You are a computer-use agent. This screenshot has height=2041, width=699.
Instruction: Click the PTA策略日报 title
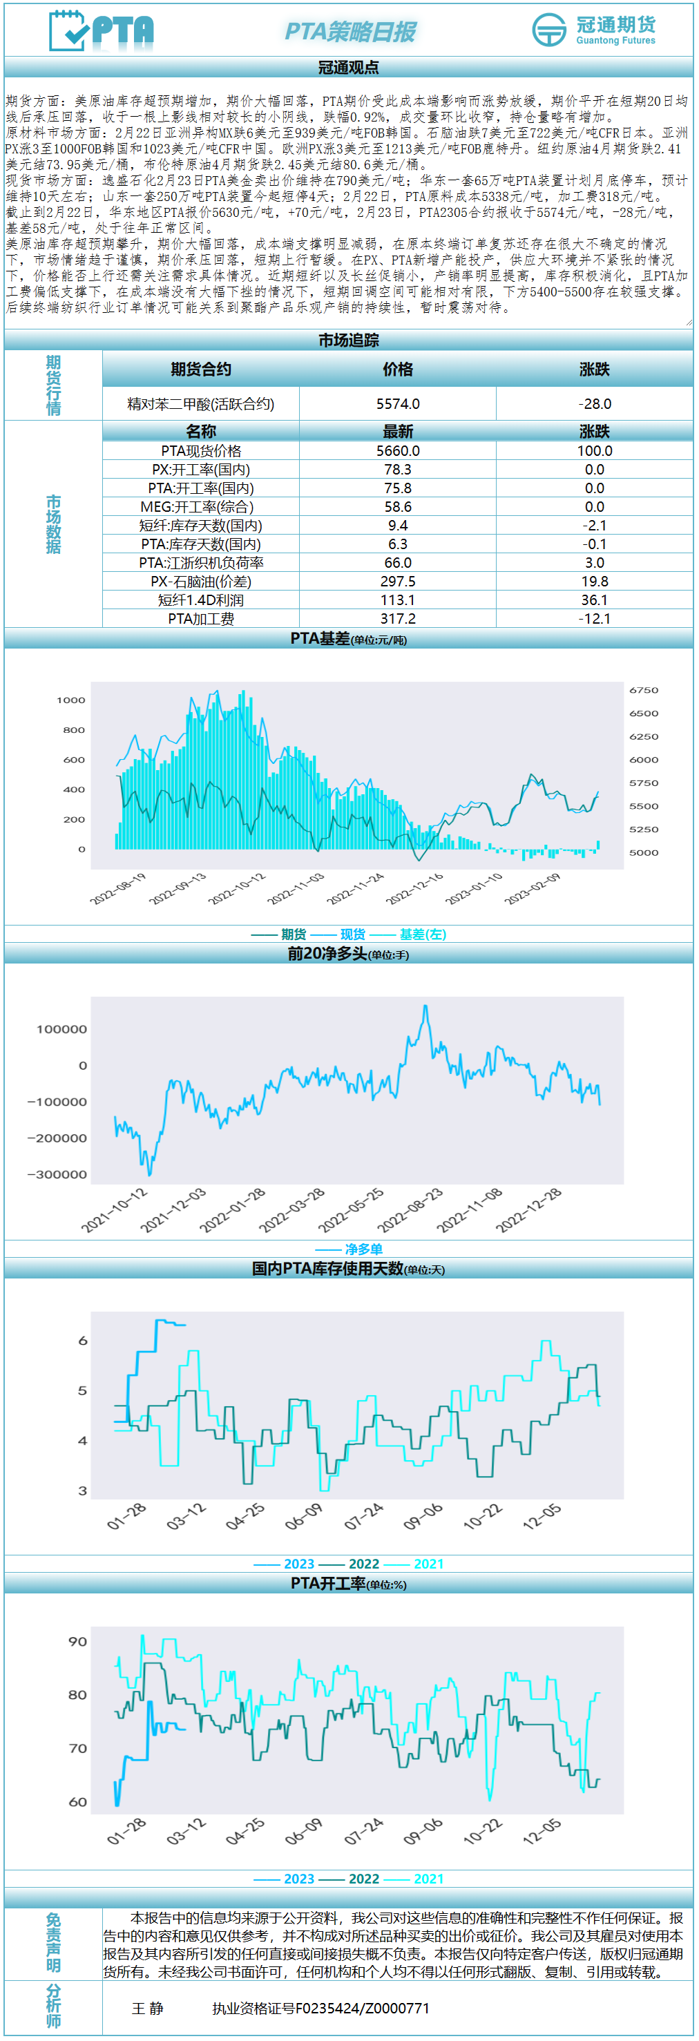pos(349,32)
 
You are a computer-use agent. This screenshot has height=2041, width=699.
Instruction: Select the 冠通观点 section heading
pos(349,68)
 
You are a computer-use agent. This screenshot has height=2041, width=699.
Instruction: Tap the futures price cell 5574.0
pos(398,404)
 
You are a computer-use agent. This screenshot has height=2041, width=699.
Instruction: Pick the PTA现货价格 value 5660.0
pos(398,451)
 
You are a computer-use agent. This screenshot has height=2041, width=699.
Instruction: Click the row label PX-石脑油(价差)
pos(200,582)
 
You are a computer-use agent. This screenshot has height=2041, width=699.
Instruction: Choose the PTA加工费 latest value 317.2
pos(398,619)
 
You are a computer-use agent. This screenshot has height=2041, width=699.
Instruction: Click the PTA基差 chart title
pos(349,639)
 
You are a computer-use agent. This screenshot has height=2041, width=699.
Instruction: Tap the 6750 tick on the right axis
pos(644,690)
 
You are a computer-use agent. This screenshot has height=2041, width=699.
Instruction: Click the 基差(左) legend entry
pos(423,935)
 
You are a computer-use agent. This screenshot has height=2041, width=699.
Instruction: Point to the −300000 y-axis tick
pos(58,1174)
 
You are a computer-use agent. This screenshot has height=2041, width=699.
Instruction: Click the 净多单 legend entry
pos(364,1249)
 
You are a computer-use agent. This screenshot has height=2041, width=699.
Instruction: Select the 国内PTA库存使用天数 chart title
pos(349,1269)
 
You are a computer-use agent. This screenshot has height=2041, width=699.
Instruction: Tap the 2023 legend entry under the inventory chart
pos(299,1564)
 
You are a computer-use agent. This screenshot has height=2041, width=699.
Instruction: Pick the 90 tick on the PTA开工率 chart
pos(77,1641)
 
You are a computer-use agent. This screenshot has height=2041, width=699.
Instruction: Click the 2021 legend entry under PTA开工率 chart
pos(429,1879)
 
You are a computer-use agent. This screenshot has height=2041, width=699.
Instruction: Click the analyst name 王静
pos(147,2008)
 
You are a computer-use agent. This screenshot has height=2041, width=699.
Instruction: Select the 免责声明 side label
pos(53,1943)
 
